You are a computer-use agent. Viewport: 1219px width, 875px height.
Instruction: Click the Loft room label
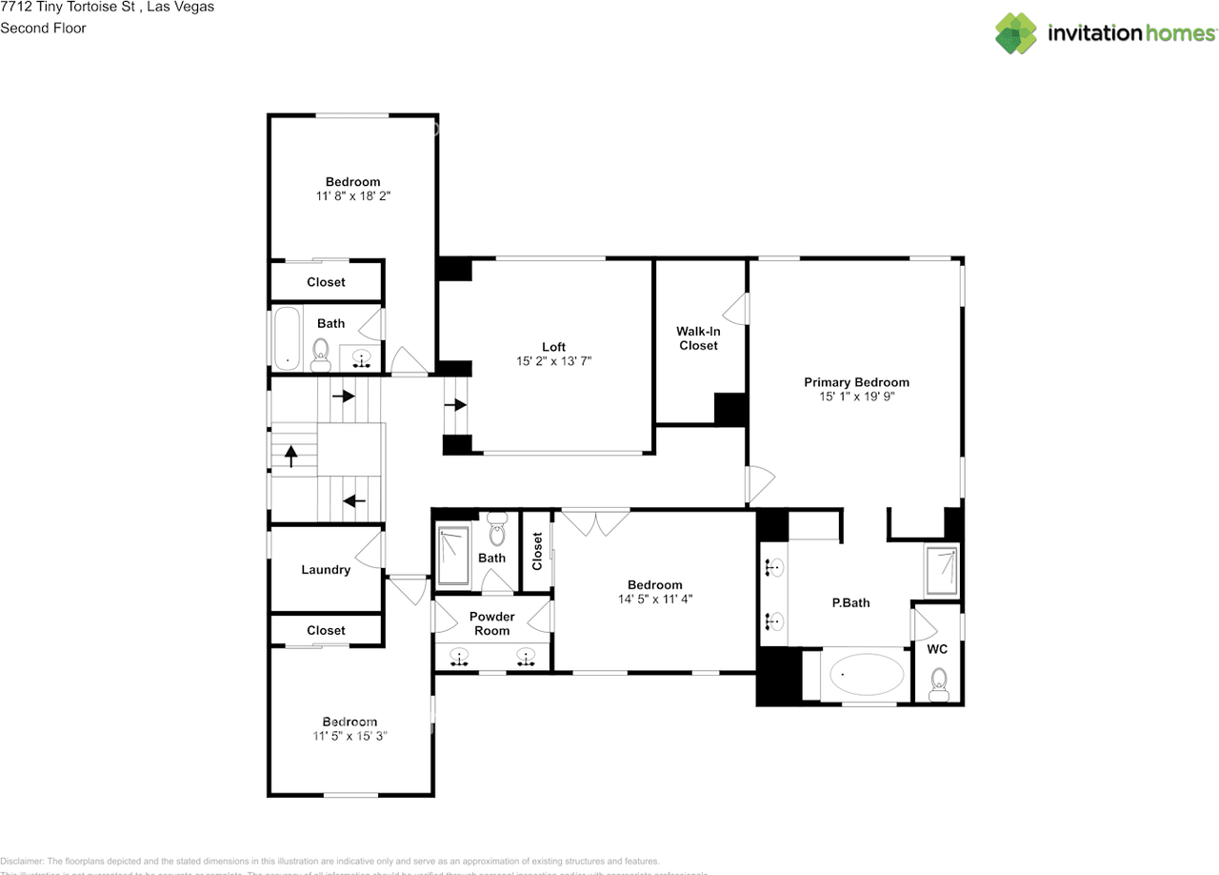tap(553, 347)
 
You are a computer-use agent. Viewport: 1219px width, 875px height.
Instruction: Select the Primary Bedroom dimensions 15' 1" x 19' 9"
tap(856, 397)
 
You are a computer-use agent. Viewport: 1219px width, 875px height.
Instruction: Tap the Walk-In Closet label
tap(698, 338)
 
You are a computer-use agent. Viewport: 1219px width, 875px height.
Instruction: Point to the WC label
tap(936, 648)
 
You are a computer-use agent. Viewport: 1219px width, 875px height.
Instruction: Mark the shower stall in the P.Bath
tap(941, 568)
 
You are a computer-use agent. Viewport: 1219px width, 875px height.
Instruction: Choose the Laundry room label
tap(326, 570)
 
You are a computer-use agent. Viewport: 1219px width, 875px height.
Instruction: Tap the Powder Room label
tap(491, 623)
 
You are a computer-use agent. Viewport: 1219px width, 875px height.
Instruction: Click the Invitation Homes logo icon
tap(1016, 33)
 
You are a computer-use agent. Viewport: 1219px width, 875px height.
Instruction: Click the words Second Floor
tap(43, 29)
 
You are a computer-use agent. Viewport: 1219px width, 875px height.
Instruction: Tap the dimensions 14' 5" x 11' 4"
tap(654, 600)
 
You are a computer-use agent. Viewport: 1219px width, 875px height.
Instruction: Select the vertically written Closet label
tap(537, 551)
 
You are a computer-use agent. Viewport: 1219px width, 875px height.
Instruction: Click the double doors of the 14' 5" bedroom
tap(595, 520)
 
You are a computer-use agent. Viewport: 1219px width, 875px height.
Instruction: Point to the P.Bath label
tap(850, 602)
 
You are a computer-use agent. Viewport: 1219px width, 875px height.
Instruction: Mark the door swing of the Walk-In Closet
tap(735, 307)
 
